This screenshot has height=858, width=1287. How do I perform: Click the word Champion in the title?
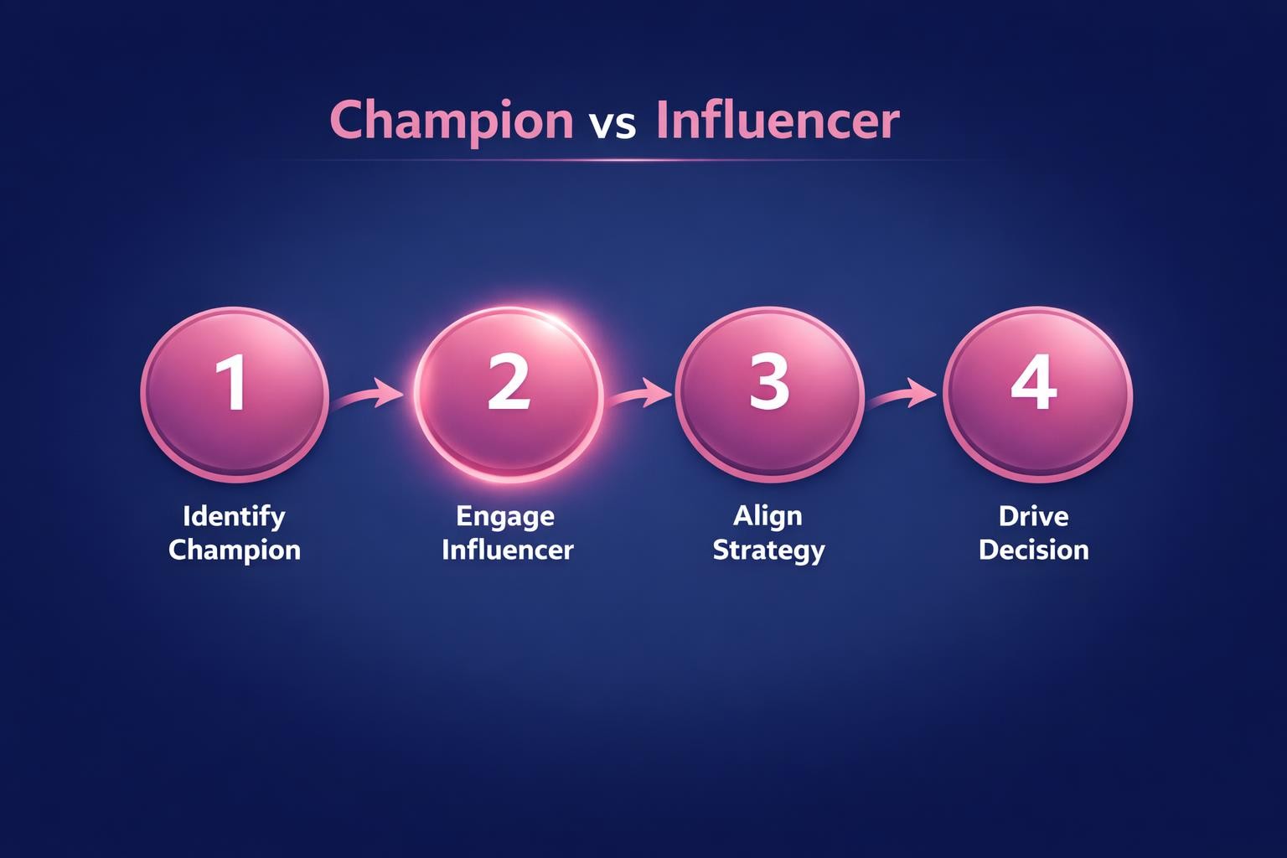click(452, 120)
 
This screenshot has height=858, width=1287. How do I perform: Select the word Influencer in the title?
click(778, 120)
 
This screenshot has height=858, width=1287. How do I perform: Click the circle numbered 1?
click(234, 394)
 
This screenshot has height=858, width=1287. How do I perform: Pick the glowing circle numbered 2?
click(509, 394)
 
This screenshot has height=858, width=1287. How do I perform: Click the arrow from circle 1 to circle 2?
click(369, 395)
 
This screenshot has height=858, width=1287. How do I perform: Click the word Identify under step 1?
click(234, 516)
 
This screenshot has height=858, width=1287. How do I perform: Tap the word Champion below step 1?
click(234, 550)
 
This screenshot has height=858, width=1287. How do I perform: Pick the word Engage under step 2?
click(505, 516)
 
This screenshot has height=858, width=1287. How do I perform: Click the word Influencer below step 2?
click(508, 550)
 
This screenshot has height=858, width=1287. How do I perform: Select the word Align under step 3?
click(768, 516)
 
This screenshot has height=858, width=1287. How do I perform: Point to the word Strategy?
click(768, 551)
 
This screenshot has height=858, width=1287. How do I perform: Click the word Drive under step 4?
click(1033, 516)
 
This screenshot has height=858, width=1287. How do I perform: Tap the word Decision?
click(1034, 550)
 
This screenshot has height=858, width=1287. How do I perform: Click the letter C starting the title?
click(347, 120)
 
